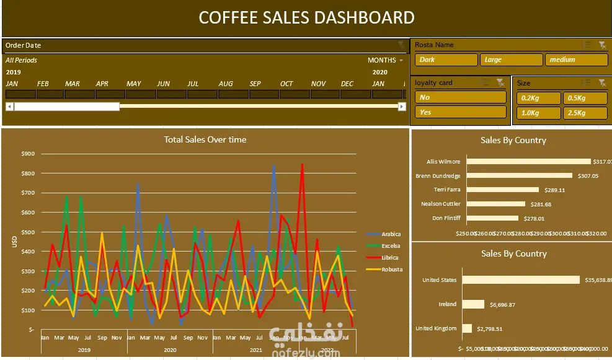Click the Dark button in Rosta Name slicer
445,59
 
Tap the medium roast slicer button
575,59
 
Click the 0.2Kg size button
538,98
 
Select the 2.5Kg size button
585,113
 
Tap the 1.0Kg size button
538,113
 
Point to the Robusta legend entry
391,270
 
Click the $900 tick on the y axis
27,154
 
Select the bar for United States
523,280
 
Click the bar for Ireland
474,304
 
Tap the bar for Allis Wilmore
528,162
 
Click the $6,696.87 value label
502,304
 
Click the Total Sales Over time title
205,139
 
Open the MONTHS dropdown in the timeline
385,60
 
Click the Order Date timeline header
24,45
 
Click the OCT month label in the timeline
286,84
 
